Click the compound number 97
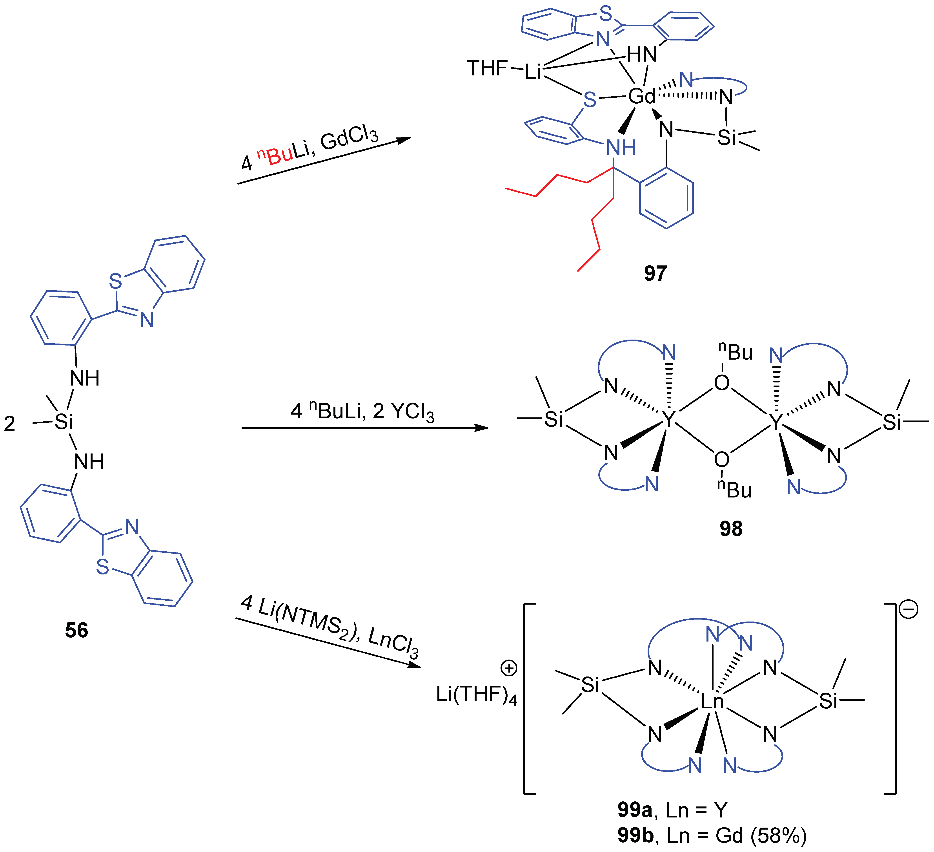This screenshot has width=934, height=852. [x=655, y=274]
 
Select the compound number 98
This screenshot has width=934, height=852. [x=731, y=529]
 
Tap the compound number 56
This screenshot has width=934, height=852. [x=76, y=631]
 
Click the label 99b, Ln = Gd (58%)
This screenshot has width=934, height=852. [x=712, y=836]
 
